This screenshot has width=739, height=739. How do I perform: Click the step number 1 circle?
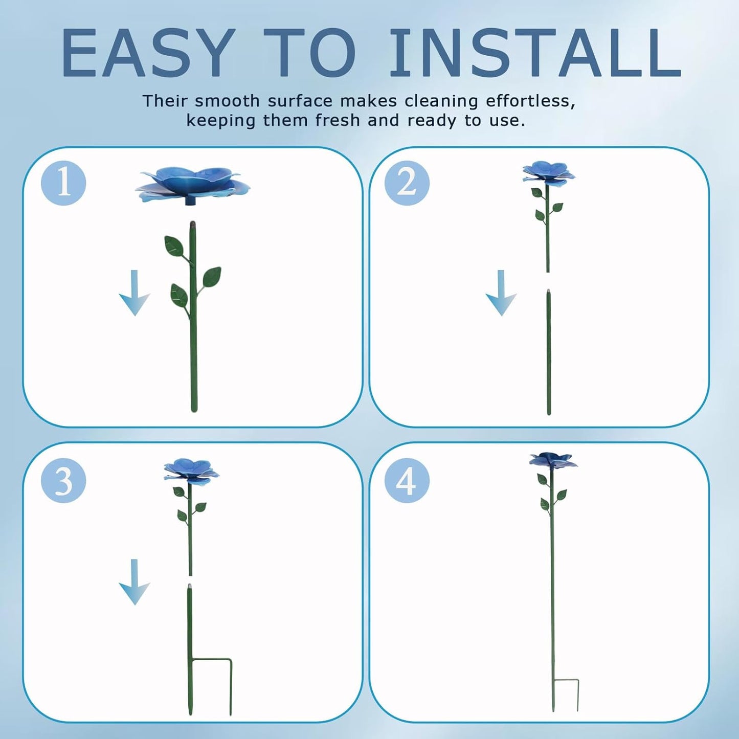(x=63, y=183)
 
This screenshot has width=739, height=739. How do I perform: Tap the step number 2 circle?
(x=407, y=183)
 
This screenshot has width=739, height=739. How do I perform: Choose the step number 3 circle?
(x=63, y=481)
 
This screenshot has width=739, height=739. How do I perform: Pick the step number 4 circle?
(x=407, y=481)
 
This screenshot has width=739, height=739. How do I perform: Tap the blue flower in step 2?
(x=548, y=173)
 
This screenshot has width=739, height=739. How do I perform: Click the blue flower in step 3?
(x=191, y=471)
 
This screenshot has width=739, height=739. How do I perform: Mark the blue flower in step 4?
(x=553, y=460)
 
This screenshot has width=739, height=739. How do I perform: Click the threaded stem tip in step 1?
(x=193, y=225)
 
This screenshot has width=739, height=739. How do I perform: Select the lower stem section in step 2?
(x=549, y=353)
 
